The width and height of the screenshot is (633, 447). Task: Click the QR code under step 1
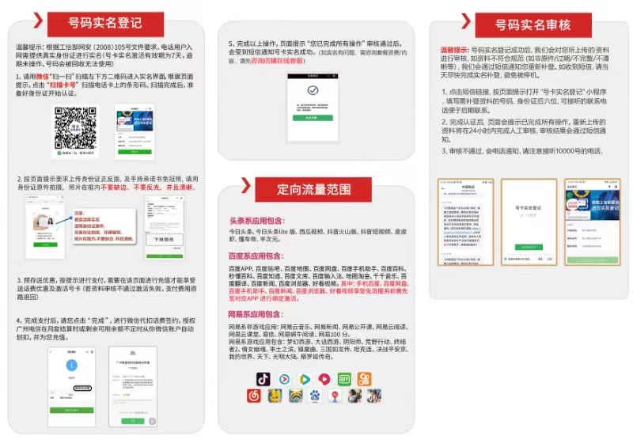click(x=75, y=126)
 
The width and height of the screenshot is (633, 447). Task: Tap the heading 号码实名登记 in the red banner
click(x=105, y=25)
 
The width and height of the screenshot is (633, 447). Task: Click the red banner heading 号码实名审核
click(x=532, y=25)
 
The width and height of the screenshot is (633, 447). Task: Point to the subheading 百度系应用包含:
click(x=255, y=256)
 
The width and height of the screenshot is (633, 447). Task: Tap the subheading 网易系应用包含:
click(x=255, y=314)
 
